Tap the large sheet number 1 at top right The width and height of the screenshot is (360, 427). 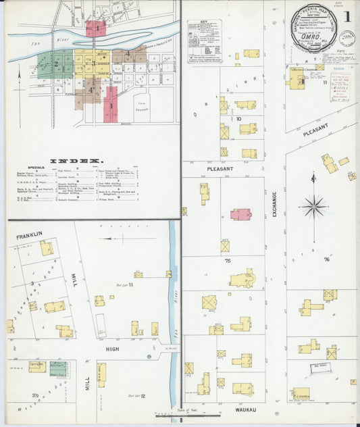[345, 16]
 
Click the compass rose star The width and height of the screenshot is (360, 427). [313, 206]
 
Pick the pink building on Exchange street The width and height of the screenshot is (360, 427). [240, 214]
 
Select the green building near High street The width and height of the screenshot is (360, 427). [58, 368]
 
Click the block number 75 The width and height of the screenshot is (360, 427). [228, 260]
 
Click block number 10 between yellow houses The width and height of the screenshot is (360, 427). [238, 119]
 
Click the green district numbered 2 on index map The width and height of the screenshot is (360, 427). [58, 65]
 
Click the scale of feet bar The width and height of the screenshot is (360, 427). [187, 415]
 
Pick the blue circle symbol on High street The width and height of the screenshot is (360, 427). [148, 356]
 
